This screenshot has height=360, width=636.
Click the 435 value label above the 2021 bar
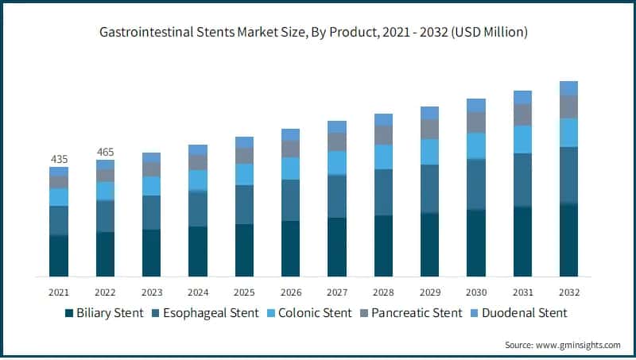59,159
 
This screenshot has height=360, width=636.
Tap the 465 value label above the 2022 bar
105,152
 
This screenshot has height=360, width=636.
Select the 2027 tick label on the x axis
337,292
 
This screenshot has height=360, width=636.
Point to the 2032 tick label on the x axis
568,292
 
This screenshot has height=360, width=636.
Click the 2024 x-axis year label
198,292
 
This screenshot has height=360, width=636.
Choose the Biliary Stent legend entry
103,313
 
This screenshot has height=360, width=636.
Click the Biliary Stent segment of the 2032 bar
568,241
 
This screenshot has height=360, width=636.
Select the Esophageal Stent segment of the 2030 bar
476,184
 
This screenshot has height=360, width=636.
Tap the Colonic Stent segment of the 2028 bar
383,157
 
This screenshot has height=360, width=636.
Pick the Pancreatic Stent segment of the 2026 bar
291,149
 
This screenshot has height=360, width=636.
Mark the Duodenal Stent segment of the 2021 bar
59,171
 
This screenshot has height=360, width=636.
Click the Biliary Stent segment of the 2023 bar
151,253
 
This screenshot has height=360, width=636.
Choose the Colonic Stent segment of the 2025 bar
244,174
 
